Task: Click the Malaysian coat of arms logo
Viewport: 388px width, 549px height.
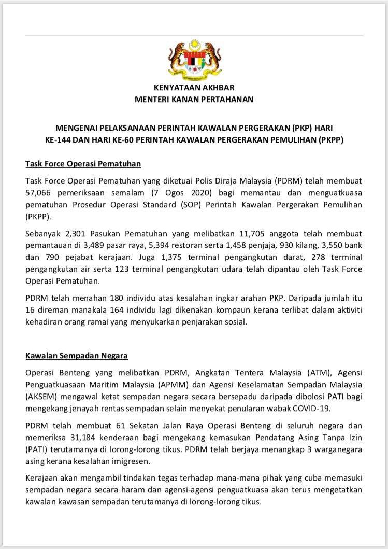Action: (194, 57)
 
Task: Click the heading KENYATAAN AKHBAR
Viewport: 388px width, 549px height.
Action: (194, 88)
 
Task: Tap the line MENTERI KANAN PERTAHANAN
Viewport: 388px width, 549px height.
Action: (194, 99)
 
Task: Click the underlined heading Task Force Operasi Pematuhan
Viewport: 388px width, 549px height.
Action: (83, 164)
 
